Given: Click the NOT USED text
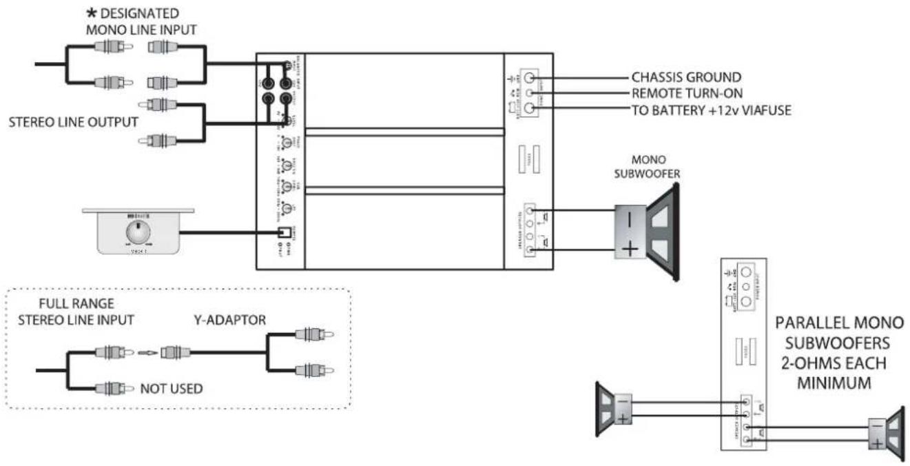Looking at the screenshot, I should click(172, 389).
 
